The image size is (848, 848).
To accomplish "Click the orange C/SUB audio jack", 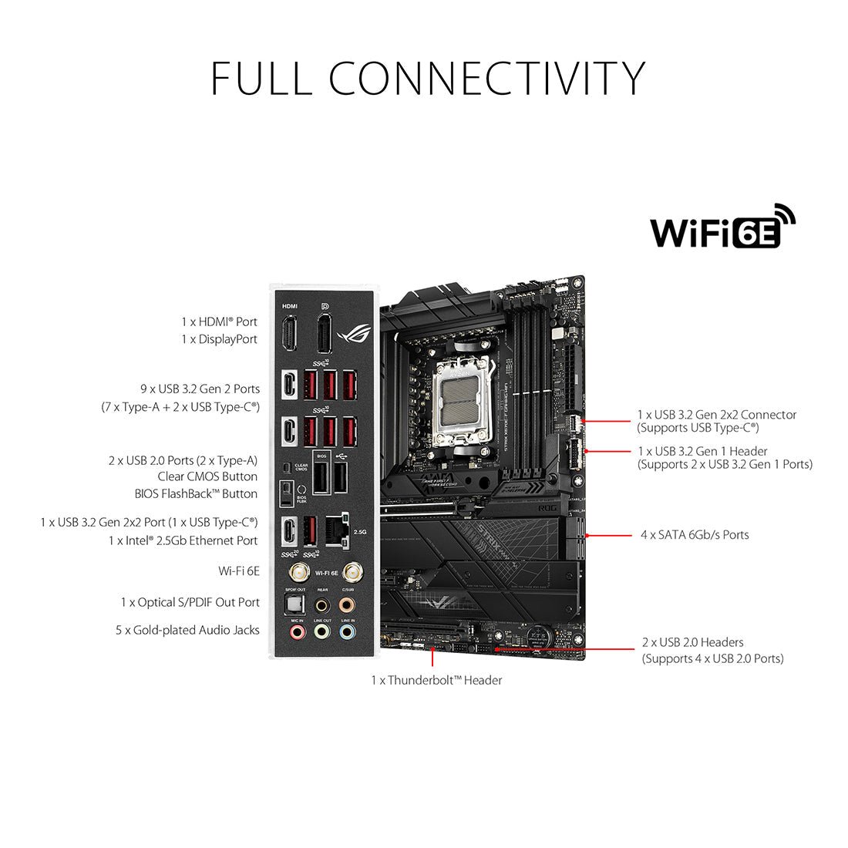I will pyautogui.click(x=348, y=604).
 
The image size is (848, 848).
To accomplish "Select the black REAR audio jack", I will pyautogui.click(x=322, y=604).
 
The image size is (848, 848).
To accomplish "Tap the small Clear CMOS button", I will pyautogui.click(x=287, y=466).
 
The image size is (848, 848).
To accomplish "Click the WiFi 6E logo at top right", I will pyautogui.click(x=722, y=227).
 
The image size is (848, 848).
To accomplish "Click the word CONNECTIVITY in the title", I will pyautogui.click(x=487, y=78).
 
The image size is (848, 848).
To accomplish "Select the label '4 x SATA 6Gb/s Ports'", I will pyautogui.click(x=694, y=534).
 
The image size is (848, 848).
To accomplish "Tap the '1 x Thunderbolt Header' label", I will pyautogui.click(x=436, y=680).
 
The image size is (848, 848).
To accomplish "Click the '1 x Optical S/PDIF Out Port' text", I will pyautogui.click(x=190, y=602).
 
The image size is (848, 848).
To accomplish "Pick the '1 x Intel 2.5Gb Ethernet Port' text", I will pyautogui.click(x=183, y=540).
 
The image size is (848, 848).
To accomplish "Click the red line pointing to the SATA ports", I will pyautogui.click(x=609, y=534).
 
